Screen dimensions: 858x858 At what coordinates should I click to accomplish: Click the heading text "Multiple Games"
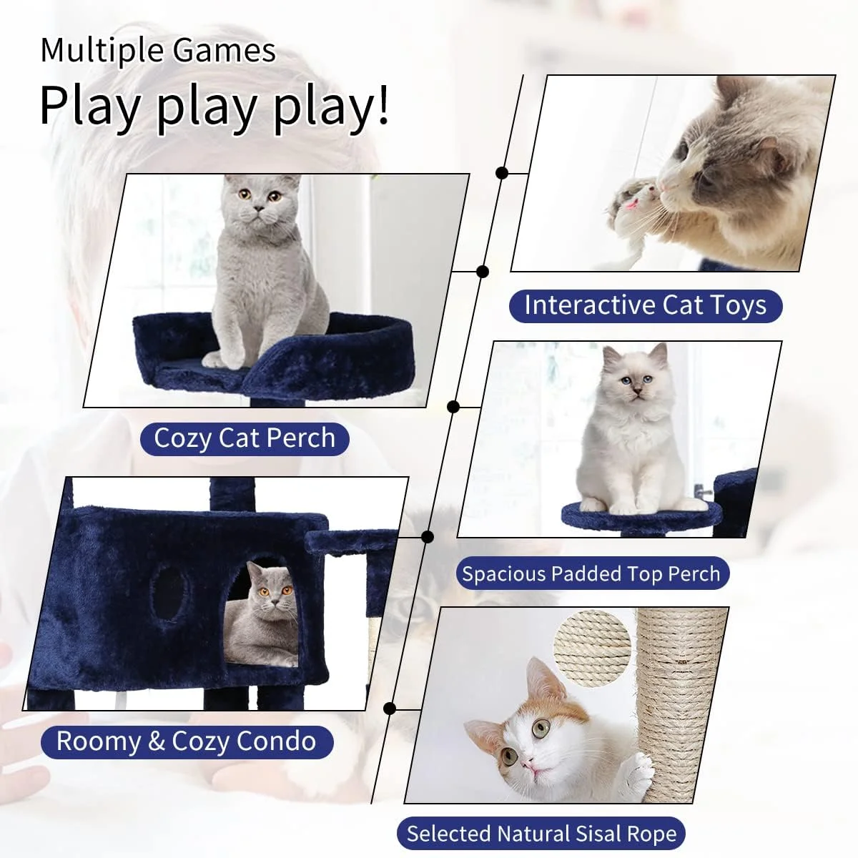pyautogui.click(x=158, y=51)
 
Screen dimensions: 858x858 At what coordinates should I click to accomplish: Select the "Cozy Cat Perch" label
pyautogui.click(x=245, y=438)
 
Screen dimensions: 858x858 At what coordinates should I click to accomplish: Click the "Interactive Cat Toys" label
pyautogui.click(x=645, y=306)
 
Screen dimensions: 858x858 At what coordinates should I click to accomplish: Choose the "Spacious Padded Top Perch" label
pyautogui.click(x=591, y=574)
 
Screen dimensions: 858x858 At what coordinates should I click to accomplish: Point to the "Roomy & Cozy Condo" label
pyautogui.click(x=187, y=741)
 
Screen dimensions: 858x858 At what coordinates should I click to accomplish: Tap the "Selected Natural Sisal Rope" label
pyautogui.click(x=541, y=834)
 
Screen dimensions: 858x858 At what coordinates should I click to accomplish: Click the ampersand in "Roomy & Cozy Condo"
pyautogui.click(x=157, y=741)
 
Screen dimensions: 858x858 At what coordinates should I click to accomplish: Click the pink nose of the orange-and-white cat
pyautogui.click(x=526, y=766)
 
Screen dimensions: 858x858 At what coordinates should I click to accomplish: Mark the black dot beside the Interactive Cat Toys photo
pyautogui.click(x=502, y=173)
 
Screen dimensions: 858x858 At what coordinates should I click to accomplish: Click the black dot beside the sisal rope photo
pyautogui.click(x=390, y=709)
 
